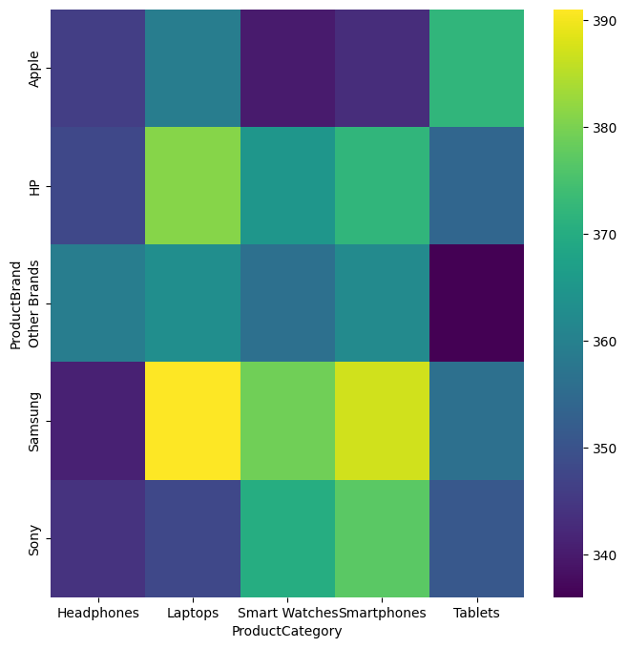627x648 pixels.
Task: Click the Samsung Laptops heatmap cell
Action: [x=192, y=421]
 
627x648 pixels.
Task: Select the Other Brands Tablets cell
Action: [x=476, y=303]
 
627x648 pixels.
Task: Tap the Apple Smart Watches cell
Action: [x=286, y=68]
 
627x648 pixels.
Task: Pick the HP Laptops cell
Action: [x=192, y=185]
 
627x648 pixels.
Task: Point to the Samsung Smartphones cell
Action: [x=382, y=421]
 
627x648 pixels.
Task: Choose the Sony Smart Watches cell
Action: [x=286, y=538]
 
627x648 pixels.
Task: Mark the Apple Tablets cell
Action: [x=476, y=68]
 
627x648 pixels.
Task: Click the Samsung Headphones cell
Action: [x=97, y=421]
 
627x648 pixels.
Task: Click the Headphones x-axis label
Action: [x=97, y=613]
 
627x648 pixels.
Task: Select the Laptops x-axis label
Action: [x=192, y=613]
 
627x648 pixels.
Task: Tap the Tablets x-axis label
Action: [x=476, y=613]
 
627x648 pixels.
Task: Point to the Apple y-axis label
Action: [x=35, y=68]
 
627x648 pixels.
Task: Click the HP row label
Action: [x=35, y=185]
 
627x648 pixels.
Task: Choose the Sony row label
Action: [x=35, y=538]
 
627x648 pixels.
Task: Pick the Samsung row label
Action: [x=35, y=421]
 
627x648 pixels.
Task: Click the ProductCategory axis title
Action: [x=286, y=631]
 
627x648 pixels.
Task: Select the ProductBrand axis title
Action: [x=16, y=303]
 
